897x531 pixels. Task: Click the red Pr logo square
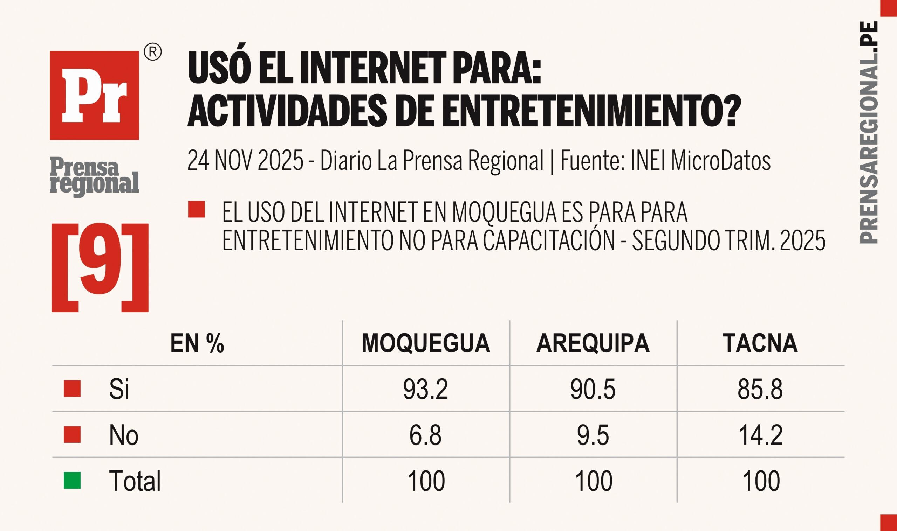[94, 95]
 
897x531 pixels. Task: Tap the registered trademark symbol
[152, 53]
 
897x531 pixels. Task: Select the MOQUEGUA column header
[425, 343]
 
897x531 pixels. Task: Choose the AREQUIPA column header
[593, 343]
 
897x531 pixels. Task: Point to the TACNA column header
[760, 343]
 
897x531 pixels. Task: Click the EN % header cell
[197, 343]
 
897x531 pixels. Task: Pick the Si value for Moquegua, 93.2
[425, 389]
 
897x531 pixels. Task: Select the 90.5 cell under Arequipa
[593, 389]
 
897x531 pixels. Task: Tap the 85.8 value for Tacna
[760, 389]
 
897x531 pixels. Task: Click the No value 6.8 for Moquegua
[425, 435]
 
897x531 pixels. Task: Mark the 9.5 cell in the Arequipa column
[593, 435]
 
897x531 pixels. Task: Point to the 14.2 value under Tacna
[760, 435]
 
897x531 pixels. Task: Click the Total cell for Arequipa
[593, 481]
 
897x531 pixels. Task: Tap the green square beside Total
[72, 481]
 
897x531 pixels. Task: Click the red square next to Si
[72, 389]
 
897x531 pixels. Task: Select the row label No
[124, 435]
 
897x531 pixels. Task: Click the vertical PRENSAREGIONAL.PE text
[869, 132]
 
